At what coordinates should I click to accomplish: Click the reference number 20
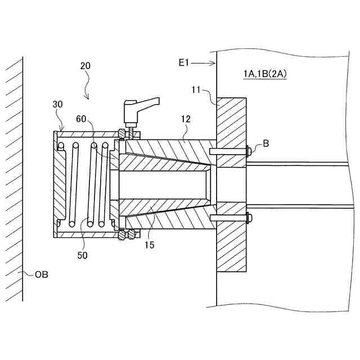85,65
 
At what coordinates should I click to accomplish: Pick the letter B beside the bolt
265,144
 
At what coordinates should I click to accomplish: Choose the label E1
183,63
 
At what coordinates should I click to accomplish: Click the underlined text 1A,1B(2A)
264,74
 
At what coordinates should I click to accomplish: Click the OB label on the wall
41,274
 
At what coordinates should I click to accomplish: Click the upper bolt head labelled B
249,151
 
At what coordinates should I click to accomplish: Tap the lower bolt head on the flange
249,218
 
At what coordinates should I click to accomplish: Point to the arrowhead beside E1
213,63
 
